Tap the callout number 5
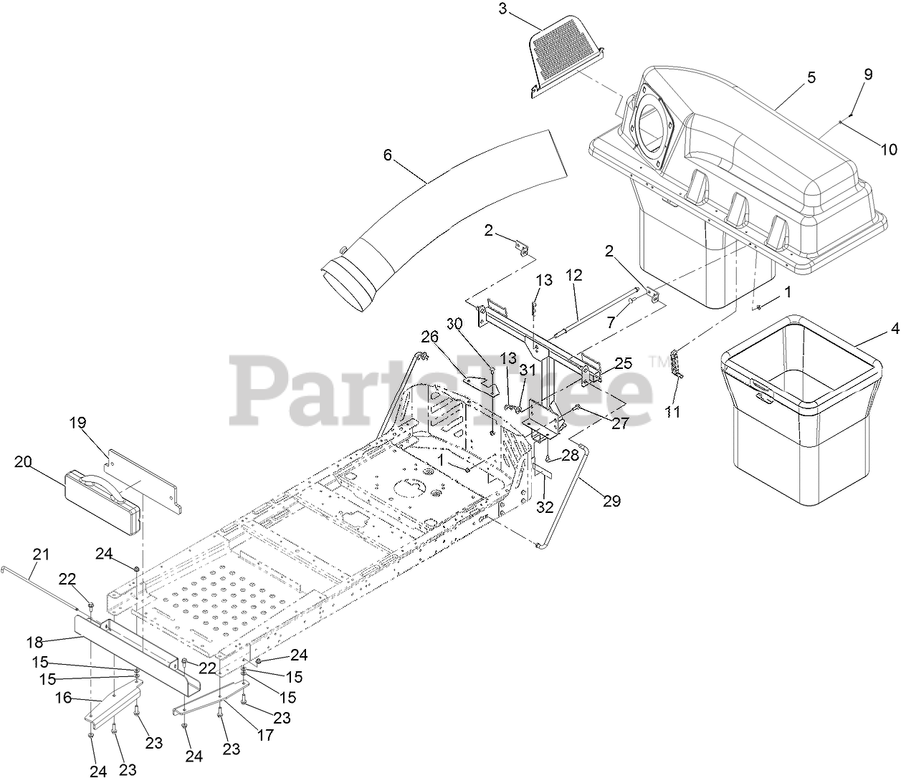811,78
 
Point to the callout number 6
388,153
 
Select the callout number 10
888,149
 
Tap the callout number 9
868,74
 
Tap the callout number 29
611,501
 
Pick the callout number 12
573,274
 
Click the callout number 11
673,412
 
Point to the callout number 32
545,506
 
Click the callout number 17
264,735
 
